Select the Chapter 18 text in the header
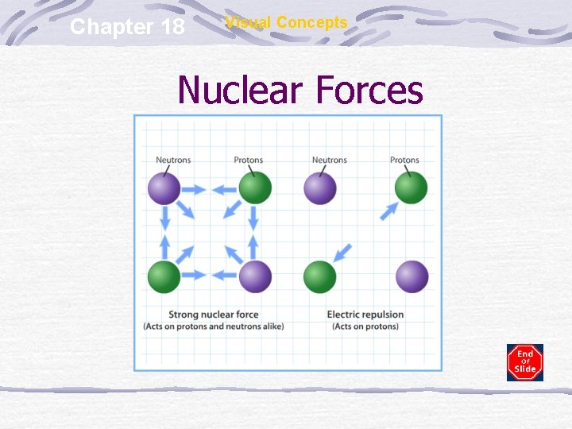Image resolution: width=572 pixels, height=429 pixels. [x=127, y=27]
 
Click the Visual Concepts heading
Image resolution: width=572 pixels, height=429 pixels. [x=286, y=22]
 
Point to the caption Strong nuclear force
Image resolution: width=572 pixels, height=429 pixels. [x=213, y=315]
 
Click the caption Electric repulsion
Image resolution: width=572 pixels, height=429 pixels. [x=365, y=315]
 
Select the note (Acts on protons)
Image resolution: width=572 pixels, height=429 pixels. [x=365, y=327]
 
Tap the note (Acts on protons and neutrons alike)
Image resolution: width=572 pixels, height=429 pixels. [x=213, y=327]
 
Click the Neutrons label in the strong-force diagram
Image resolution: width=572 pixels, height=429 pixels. [x=173, y=160]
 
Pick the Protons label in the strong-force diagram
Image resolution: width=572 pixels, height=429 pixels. [x=248, y=160]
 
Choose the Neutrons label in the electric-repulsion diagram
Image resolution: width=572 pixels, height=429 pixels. [x=329, y=160]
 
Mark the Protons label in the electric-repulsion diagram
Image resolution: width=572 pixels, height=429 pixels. [x=404, y=160]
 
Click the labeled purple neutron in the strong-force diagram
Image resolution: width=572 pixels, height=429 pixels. [x=164, y=189]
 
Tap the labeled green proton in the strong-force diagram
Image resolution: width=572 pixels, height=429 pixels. [x=255, y=189]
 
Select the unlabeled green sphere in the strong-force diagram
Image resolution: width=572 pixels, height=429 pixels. [x=164, y=276]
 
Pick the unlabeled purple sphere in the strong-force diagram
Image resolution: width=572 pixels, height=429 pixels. [x=255, y=276]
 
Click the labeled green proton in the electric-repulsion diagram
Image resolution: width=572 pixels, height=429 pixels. [x=411, y=189]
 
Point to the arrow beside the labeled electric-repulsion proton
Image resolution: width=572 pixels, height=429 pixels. [x=389, y=211]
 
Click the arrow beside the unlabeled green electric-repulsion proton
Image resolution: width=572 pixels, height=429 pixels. [x=342, y=253]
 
